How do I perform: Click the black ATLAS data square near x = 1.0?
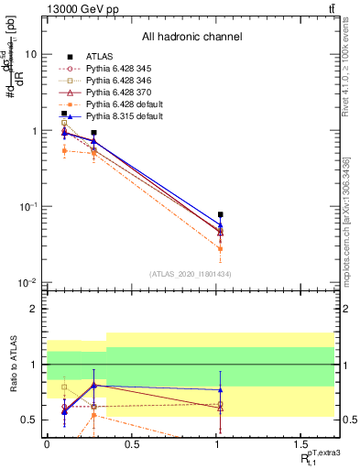[220, 214]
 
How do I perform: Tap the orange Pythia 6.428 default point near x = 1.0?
[220, 247]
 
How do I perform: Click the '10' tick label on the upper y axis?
[31, 54]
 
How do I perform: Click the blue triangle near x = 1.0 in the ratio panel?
[220, 389]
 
